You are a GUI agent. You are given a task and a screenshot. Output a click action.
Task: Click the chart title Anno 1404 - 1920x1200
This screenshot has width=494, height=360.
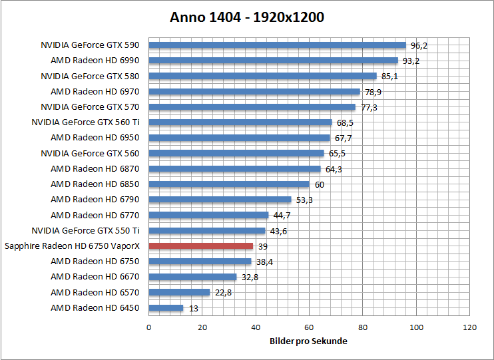[x=247, y=17]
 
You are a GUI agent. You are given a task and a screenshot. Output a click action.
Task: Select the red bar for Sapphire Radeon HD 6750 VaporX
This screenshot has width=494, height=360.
[x=200, y=246]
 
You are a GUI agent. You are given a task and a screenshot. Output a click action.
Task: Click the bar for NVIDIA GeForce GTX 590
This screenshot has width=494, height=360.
[x=277, y=45]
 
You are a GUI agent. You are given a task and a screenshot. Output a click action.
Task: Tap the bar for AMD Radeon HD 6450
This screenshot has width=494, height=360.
[x=166, y=308]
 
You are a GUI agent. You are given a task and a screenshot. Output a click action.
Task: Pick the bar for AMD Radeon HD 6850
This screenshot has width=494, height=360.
[x=228, y=184]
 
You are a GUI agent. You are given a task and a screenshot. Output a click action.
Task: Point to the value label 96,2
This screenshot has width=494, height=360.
[x=419, y=46]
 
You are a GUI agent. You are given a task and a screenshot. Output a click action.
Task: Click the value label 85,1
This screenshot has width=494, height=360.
[x=389, y=77]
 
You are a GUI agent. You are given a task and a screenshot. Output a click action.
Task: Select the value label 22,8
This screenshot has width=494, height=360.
[x=222, y=293]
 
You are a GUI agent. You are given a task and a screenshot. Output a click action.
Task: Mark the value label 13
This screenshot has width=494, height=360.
[x=193, y=308]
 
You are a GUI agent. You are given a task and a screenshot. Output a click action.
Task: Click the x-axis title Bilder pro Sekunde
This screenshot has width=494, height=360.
[x=309, y=341]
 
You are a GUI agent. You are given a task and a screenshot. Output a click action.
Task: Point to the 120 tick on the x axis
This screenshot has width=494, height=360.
[x=470, y=327]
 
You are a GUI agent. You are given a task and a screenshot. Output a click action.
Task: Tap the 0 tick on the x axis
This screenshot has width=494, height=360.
[x=148, y=327]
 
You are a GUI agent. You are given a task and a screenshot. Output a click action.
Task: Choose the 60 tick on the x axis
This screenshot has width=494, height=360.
[x=309, y=327]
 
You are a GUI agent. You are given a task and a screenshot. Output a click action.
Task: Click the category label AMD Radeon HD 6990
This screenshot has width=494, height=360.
[x=95, y=61]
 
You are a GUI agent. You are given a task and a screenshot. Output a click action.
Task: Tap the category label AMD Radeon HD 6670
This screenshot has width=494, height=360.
[x=95, y=277]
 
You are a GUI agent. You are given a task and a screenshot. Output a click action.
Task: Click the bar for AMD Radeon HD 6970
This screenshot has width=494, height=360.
[x=254, y=92]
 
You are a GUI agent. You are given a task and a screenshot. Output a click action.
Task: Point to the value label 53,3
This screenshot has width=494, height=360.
[x=304, y=200]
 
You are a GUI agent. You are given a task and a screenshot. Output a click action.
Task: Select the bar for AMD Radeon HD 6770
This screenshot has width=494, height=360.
[x=208, y=215]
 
